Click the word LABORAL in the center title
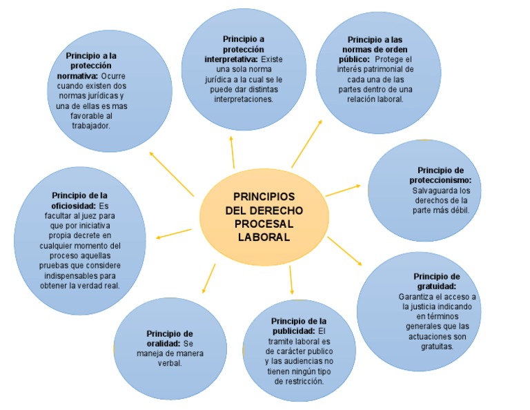point(263,237)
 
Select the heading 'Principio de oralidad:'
point(170,338)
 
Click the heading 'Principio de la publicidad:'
point(298,326)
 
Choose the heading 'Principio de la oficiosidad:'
point(79,200)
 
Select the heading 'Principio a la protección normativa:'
point(92,65)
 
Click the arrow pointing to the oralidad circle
point(207,277)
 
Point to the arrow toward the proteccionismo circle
point(342,190)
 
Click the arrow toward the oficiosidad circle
point(174,233)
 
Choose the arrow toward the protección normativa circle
point(171,174)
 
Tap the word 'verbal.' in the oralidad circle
point(170,363)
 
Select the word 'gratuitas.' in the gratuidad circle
point(433,346)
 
